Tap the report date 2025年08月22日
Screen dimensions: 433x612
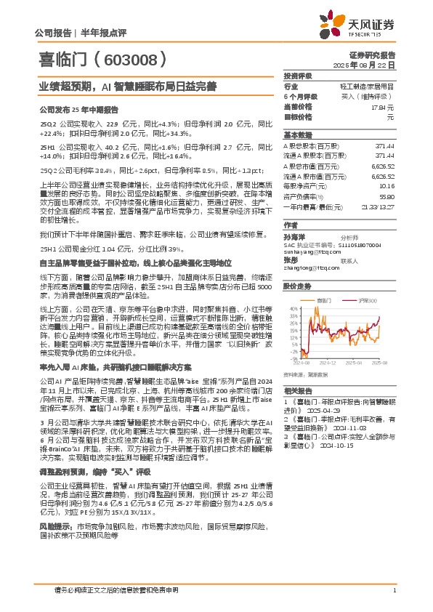372,65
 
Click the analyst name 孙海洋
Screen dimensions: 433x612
292,237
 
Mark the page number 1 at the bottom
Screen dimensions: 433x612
393,589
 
